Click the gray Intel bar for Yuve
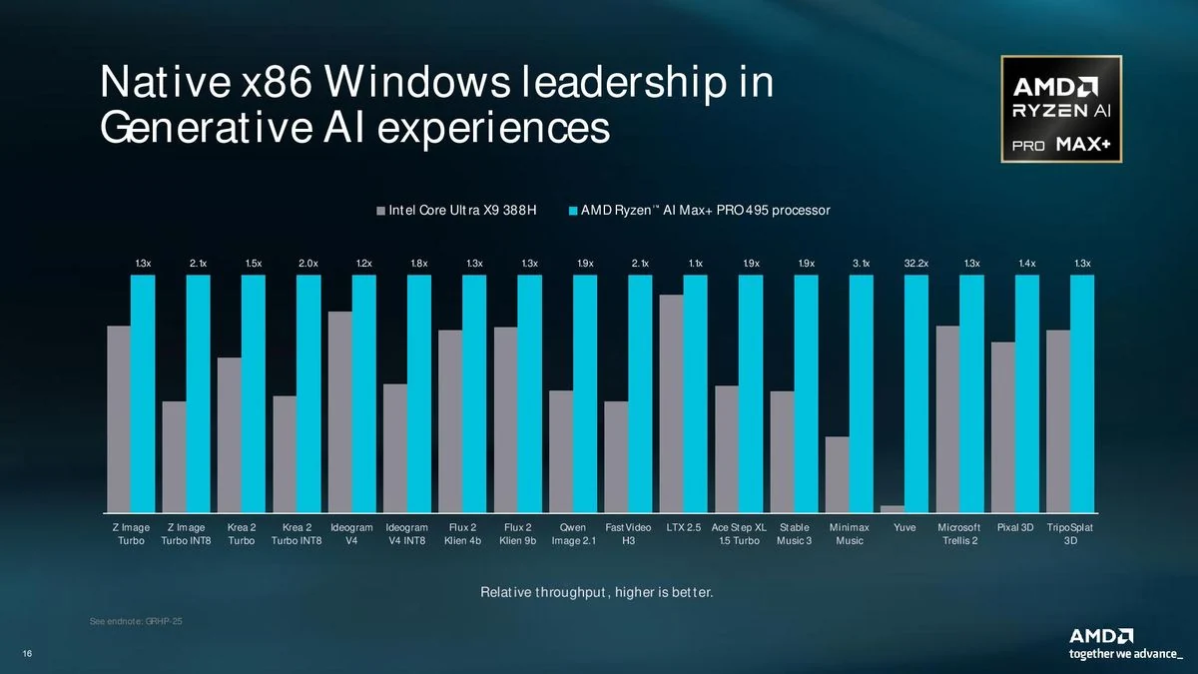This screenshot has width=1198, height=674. pyautogui.click(x=893, y=508)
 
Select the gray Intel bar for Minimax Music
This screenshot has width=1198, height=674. pyautogui.click(x=837, y=474)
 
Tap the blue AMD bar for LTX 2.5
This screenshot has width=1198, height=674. pyautogui.click(x=695, y=393)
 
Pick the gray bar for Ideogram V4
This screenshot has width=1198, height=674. pyautogui.click(x=339, y=411)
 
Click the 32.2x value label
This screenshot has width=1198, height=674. pyautogui.click(x=916, y=264)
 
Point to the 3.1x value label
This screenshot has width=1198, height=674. pyautogui.click(x=861, y=264)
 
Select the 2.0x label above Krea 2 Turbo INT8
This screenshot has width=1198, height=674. pyautogui.click(x=308, y=264)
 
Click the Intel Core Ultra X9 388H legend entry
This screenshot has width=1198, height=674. pyautogui.click(x=456, y=211)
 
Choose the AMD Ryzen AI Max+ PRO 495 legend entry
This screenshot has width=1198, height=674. pyautogui.click(x=700, y=211)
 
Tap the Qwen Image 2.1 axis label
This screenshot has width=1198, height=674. pyautogui.click(x=573, y=534)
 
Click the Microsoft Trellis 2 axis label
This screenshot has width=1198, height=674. pyautogui.click(x=959, y=534)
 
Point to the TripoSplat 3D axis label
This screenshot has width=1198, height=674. pyautogui.click(x=1070, y=534)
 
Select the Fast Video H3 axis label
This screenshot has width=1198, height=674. pyautogui.click(x=628, y=534)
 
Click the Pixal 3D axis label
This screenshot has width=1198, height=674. pyautogui.click(x=1015, y=527)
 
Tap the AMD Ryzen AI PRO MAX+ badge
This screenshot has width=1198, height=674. pyautogui.click(x=1061, y=109)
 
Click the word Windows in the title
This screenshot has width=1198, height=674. pyautogui.click(x=417, y=82)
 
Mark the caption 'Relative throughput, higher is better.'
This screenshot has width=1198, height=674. pyautogui.click(x=597, y=592)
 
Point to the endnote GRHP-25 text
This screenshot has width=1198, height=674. pyautogui.click(x=136, y=621)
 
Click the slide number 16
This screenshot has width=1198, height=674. pyautogui.click(x=27, y=654)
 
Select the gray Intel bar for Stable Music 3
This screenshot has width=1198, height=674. pyautogui.click(x=782, y=451)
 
